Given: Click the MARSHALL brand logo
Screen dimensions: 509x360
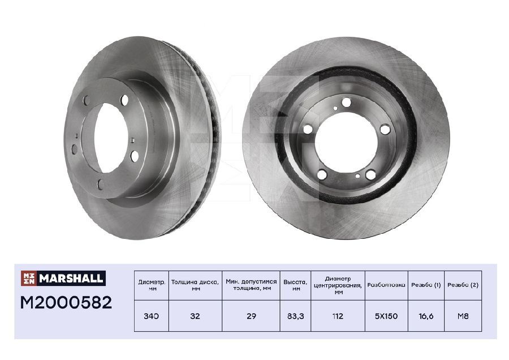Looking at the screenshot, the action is click(x=63, y=278).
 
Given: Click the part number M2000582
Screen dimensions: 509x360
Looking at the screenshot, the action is click(x=66, y=302).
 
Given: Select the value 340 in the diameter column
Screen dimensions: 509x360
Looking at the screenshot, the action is click(x=151, y=316).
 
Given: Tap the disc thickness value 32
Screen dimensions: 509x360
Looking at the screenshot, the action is click(x=195, y=316).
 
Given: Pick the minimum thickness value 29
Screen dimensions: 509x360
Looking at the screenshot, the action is click(x=251, y=316).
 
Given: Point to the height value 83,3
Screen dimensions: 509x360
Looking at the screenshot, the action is click(x=295, y=316).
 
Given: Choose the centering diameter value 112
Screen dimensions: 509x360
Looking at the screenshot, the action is click(x=338, y=316).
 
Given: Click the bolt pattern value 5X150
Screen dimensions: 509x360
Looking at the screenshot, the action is click(x=386, y=316).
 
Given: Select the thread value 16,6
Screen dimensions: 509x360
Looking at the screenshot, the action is click(x=426, y=316).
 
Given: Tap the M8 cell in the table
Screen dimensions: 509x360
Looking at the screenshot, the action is click(x=463, y=316).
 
